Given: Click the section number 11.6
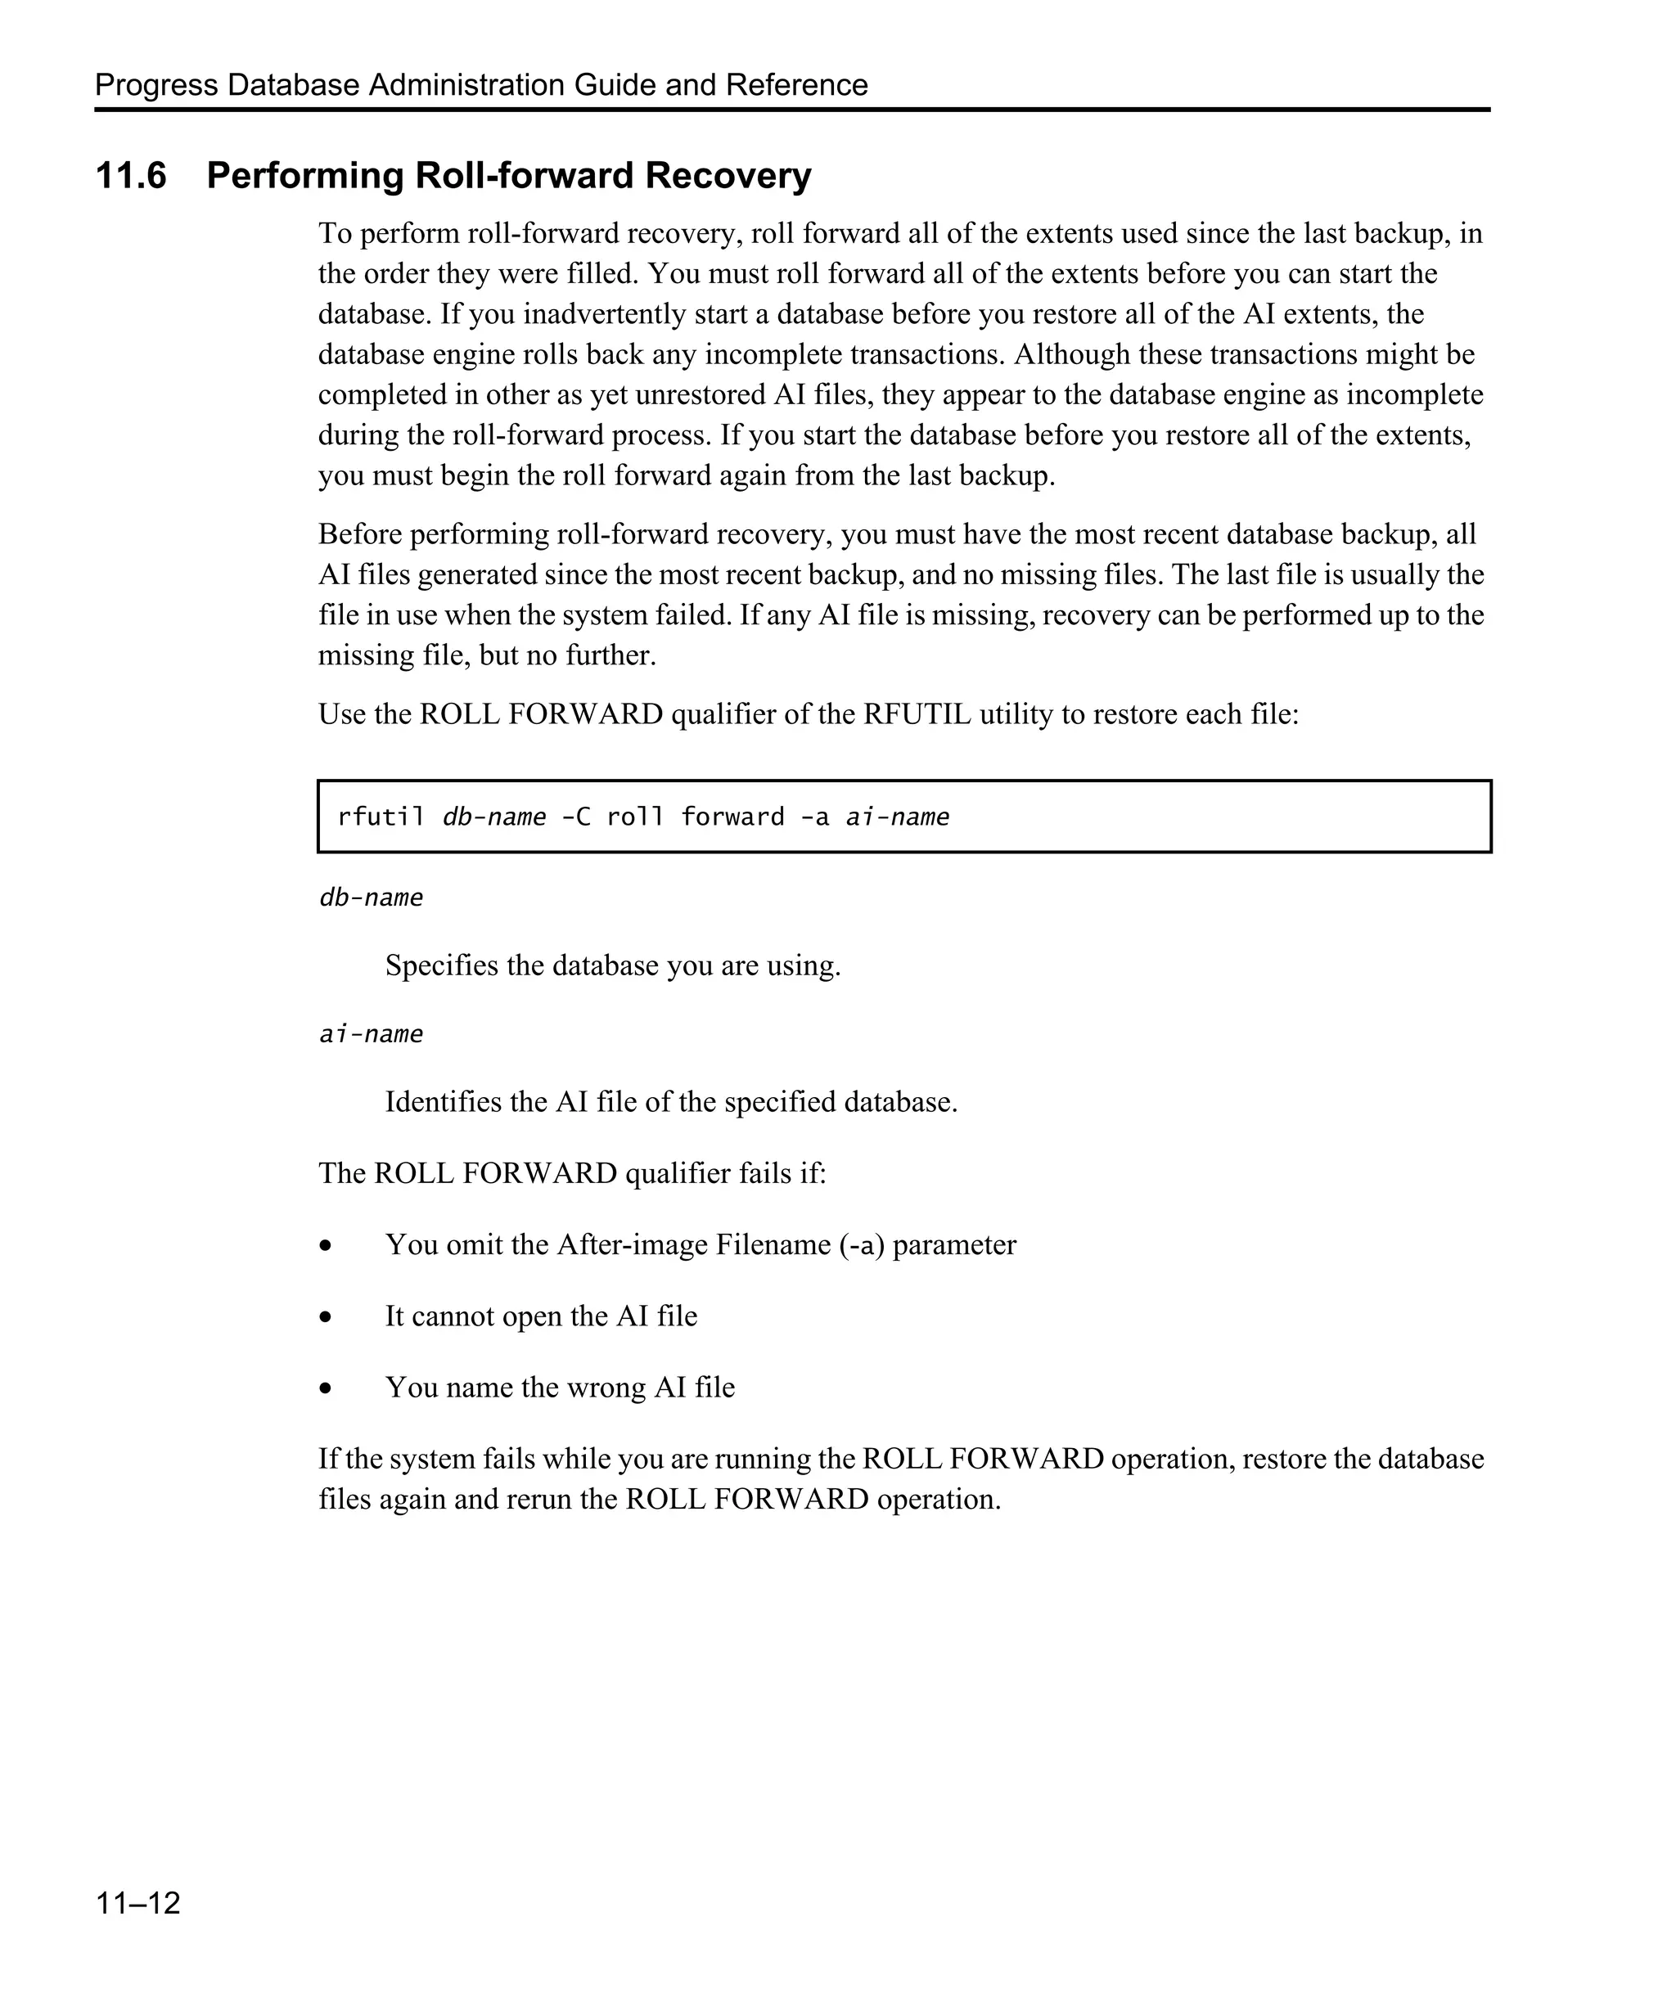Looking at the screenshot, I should (x=131, y=176).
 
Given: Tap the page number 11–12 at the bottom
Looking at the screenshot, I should (x=138, y=1903).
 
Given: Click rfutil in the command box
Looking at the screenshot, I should (x=381, y=817).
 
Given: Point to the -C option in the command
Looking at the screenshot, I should (x=575, y=817).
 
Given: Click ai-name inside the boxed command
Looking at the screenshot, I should (x=898, y=817).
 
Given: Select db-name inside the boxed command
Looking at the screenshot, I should (x=494, y=817).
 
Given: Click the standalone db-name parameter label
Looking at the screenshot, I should (x=371, y=898).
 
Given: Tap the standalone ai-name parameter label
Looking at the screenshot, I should (x=371, y=1034).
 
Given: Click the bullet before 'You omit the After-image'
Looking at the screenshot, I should (x=327, y=1246).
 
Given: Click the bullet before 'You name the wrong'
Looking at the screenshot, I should (x=327, y=1388).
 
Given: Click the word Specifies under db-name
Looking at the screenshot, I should (x=442, y=965).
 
